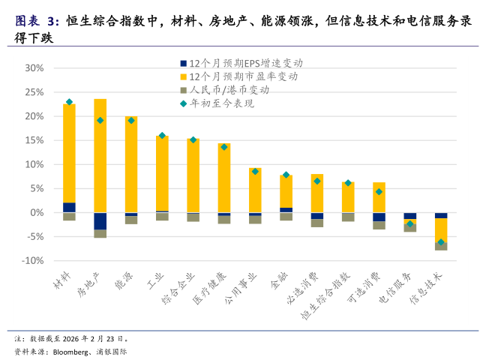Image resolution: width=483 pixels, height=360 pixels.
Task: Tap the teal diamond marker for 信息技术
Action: [x=441, y=242]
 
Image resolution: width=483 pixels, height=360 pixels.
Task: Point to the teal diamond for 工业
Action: [x=162, y=136]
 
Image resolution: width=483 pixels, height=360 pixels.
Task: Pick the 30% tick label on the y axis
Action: [x=35, y=68]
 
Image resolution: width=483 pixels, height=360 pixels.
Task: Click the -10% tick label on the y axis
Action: [x=34, y=261]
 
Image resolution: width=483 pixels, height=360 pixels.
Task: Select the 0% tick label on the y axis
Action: [x=38, y=213]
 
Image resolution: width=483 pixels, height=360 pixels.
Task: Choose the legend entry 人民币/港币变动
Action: [x=229, y=90]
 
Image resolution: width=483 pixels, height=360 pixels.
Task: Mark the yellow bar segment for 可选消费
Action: [x=379, y=197]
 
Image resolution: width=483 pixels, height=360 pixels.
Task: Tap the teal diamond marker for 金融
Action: [x=286, y=175]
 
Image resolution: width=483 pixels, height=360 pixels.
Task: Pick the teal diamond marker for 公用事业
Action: [x=255, y=171]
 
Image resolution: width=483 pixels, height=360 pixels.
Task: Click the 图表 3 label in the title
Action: [x=34, y=20]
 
